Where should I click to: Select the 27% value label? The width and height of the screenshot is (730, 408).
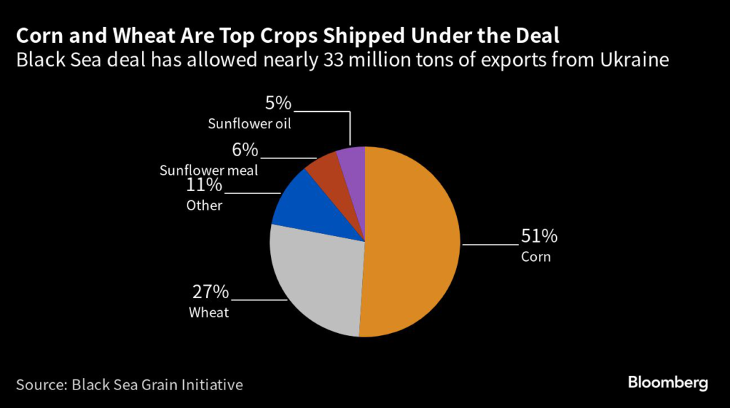click(x=210, y=292)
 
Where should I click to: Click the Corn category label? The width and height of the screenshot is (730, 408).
click(x=536, y=257)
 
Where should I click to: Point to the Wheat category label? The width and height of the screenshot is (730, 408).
click(x=209, y=312)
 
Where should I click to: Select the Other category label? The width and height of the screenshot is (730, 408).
click(x=205, y=206)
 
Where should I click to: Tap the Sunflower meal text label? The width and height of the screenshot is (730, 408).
click(x=209, y=170)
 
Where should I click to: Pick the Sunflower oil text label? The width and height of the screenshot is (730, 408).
click(x=250, y=124)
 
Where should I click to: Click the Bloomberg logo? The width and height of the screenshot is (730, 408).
click(x=668, y=383)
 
